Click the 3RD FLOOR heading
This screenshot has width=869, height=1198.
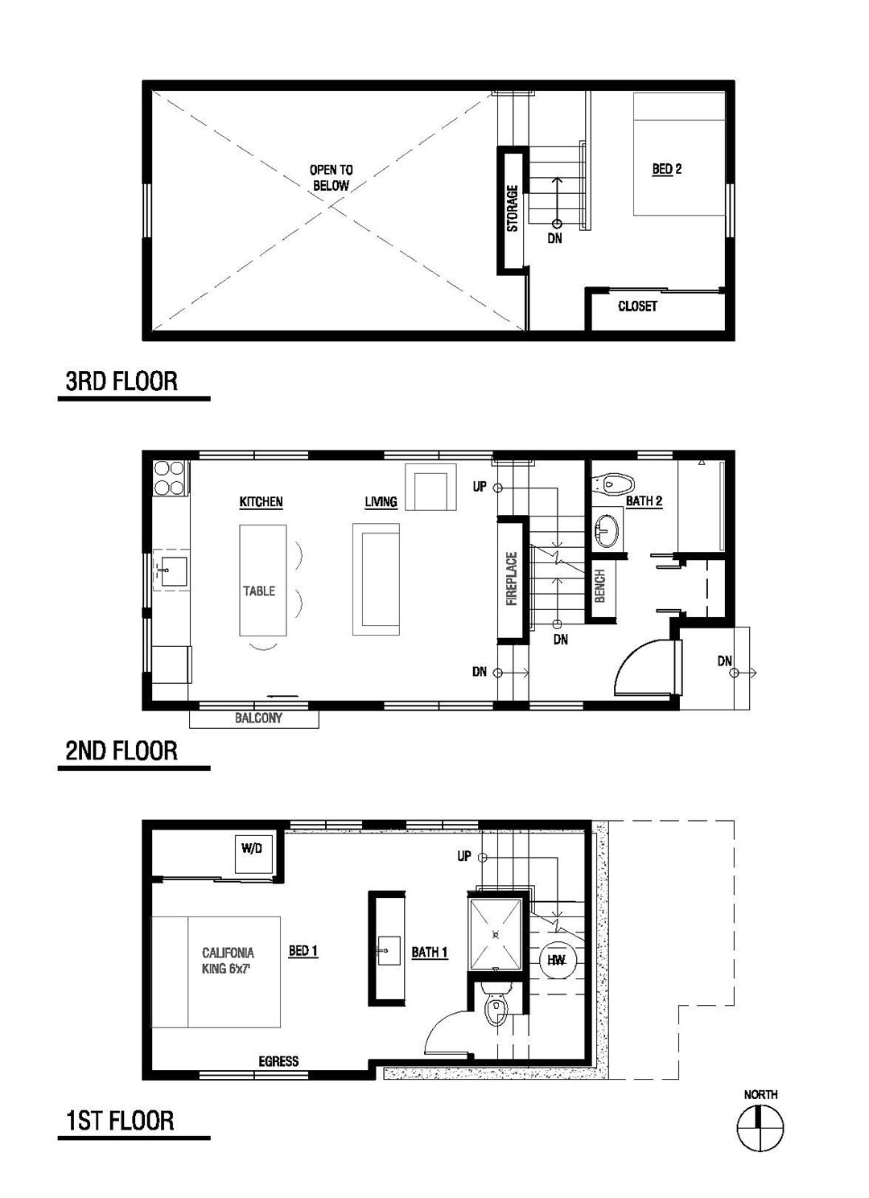tap(121, 381)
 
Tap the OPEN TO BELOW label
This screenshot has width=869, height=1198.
tap(331, 178)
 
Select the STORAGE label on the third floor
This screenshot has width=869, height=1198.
tap(512, 208)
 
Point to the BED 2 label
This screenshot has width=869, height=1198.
tap(667, 169)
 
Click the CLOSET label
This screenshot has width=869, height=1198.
tap(637, 306)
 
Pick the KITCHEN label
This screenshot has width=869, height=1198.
tap(261, 502)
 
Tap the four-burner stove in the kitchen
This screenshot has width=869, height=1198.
tap(169, 478)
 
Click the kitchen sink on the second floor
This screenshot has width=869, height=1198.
tap(171, 571)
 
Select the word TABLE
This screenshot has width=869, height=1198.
tap(259, 591)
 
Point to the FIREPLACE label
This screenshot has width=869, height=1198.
tap(512, 578)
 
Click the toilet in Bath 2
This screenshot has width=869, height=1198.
tap(612, 484)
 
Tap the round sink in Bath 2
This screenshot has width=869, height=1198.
tap(607, 530)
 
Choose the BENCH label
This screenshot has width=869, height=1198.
tap(599, 587)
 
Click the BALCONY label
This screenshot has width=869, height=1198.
tap(258, 718)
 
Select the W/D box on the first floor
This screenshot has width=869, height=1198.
tap(252, 849)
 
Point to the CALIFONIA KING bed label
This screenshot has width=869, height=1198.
tap(228, 961)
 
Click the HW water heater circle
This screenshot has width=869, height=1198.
tap(556, 961)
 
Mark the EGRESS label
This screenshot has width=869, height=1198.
tap(278, 1061)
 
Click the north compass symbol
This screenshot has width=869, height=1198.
tap(760, 1126)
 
